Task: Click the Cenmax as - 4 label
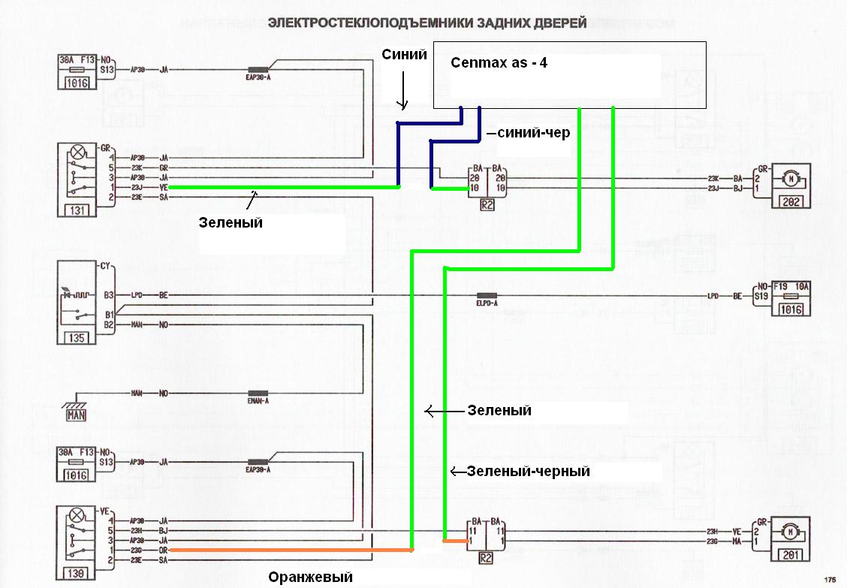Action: (499, 63)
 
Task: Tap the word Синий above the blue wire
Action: (404, 54)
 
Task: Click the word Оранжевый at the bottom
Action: (310, 577)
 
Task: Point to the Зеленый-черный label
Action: (528, 472)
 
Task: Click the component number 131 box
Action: (77, 210)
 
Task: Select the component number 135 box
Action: (77, 338)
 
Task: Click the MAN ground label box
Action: (77, 414)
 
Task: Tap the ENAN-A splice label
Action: (258, 401)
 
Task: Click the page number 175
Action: (829, 579)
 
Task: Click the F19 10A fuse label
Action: (789, 286)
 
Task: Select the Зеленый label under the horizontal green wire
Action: (231, 222)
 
